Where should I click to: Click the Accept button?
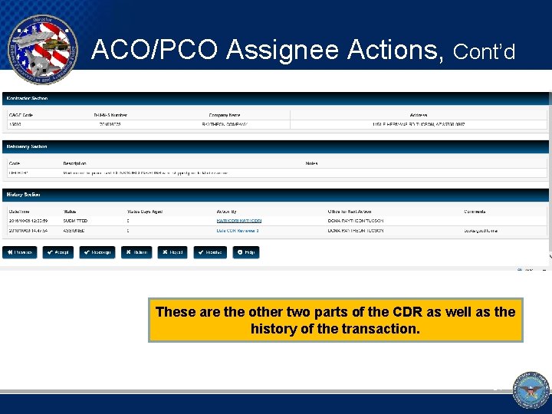point(58,252)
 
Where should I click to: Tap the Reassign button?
point(97,252)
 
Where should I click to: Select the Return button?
point(136,252)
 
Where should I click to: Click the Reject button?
point(172,252)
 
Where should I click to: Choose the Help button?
point(246,252)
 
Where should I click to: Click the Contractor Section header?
point(28,98)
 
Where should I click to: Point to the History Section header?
point(24,195)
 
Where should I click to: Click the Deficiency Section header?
point(28,146)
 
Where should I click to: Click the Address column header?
point(419,115)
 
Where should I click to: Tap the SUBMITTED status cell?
point(76,221)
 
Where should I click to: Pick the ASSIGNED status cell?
point(74,230)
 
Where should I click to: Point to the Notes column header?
point(311,163)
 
